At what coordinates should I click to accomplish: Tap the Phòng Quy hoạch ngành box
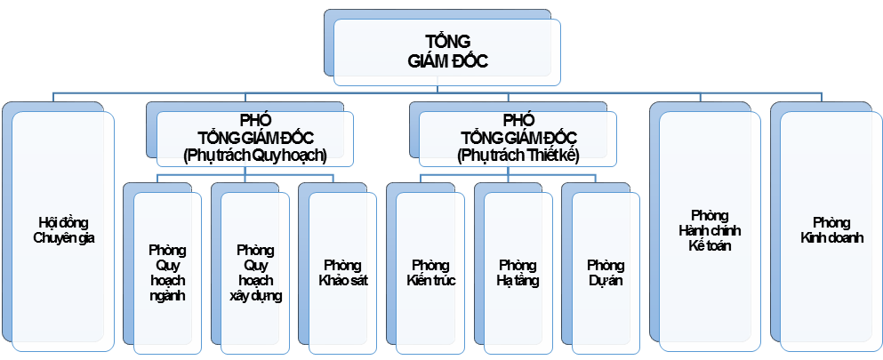point(167,270)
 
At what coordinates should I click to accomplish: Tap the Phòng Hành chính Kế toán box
point(709,230)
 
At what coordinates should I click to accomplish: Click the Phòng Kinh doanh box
point(831,230)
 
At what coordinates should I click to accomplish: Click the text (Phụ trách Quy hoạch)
point(255,154)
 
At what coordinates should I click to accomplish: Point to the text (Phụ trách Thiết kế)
point(518,154)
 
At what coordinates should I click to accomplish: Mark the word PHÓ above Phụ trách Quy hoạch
point(255,120)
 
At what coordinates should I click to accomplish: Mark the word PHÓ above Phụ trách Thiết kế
point(518,120)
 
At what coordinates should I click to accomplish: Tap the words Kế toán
point(709,245)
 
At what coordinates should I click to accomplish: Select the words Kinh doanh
point(831,237)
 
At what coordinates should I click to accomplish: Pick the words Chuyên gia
point(64,237)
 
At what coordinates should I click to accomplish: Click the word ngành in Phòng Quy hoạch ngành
point(167,296)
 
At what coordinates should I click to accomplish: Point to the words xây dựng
point(255,296)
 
